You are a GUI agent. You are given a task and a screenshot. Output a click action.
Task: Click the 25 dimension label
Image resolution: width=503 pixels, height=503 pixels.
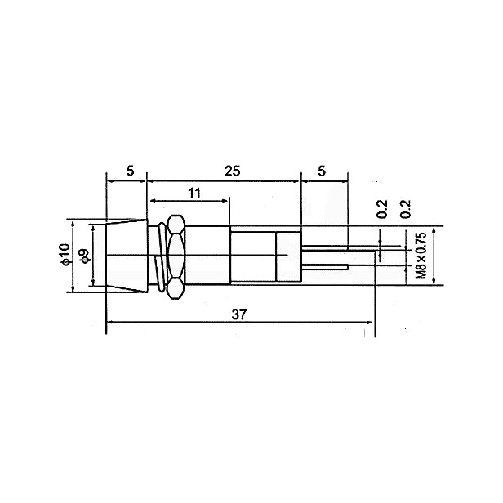[x=232, y=171]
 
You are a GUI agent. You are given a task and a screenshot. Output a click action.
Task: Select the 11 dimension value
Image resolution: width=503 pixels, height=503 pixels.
[x=194, y=193]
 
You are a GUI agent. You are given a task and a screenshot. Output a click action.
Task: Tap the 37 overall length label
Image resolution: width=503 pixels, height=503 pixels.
[x=239, y=314]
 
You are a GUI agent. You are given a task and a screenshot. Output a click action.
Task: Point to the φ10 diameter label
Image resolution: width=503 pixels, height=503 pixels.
[x=65, y=255]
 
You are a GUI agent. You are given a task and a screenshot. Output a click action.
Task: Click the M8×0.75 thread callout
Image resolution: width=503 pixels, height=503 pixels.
[x=421, y=256]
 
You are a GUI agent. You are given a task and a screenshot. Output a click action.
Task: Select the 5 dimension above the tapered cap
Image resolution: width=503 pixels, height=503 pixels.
[x=130, y=171]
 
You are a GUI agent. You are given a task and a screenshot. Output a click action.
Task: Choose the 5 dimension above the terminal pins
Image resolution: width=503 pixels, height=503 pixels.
[x=322, y=171]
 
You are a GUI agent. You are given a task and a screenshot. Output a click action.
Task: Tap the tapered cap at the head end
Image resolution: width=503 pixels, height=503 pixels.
[x=127, y=256]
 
